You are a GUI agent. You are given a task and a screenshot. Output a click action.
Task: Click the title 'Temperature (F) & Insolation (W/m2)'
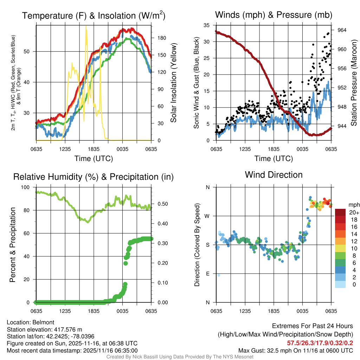pos(94,15)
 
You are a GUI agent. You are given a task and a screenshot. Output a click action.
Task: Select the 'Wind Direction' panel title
pos(274,175)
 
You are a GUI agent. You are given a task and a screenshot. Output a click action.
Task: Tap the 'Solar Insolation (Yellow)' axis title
pos(173,83)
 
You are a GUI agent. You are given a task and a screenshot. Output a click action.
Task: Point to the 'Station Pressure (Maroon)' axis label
pos(354,83)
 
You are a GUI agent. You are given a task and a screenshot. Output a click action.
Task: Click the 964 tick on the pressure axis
pos(342,30)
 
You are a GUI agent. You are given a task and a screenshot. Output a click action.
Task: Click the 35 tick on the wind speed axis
pos(207,25)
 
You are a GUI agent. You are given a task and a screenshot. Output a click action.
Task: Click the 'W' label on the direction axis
pos(208,216)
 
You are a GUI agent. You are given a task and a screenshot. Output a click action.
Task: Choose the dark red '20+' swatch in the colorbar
pos(340,212)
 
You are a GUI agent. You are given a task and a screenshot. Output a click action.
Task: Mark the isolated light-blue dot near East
pos(219,275)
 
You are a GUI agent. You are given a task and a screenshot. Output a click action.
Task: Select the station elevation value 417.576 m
pos(67,329)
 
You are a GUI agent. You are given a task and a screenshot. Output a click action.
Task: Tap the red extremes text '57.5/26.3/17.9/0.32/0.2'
pos(320,343)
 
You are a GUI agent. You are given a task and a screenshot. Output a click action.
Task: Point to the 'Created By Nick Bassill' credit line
pos(180,357)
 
